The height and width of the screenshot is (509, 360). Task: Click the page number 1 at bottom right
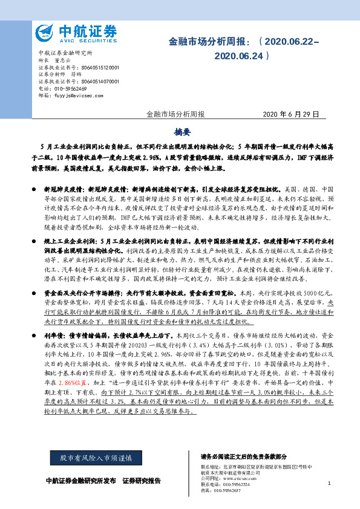pyautogui.click(x=329, y=484)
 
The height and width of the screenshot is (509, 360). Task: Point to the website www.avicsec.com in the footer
pyautogui.click(x=240, y=478)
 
